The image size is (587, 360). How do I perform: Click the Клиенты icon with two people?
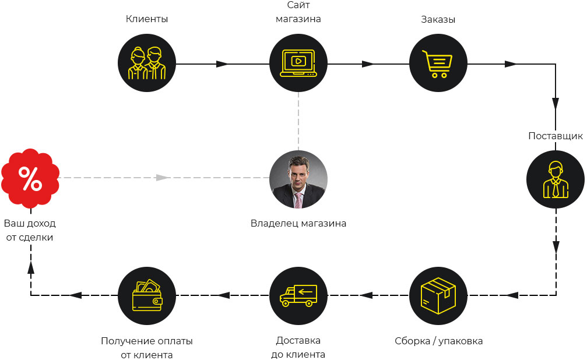tap(146, 63)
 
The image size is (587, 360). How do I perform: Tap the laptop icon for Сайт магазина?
tap(298, 63)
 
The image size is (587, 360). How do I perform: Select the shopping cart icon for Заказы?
tap(438, 63)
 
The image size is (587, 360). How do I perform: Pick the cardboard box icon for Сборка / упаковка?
tap(438, 295)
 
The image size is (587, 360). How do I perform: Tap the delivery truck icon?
tap(298, 295)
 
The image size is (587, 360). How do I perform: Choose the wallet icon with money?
tap(146, 295)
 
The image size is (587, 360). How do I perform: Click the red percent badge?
tap(30, 178)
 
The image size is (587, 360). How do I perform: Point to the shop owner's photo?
tap(298, 179)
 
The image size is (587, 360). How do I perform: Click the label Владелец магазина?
tap(298, 223)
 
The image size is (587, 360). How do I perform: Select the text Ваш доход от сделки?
tap(30, 230)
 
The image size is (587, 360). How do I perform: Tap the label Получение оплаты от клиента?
tap(146, 348)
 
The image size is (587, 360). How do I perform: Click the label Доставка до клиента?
tap(298, 348)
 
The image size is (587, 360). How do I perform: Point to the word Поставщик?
tap(555, 136)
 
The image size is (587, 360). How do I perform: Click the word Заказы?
tap(438, 19)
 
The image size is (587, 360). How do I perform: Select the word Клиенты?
tap(146, 19)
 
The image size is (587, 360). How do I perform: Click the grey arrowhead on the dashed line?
tap(163, 177)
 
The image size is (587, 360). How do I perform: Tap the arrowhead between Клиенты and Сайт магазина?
tap(222, 63)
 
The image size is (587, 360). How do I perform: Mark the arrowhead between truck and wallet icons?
tap(223, 295)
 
